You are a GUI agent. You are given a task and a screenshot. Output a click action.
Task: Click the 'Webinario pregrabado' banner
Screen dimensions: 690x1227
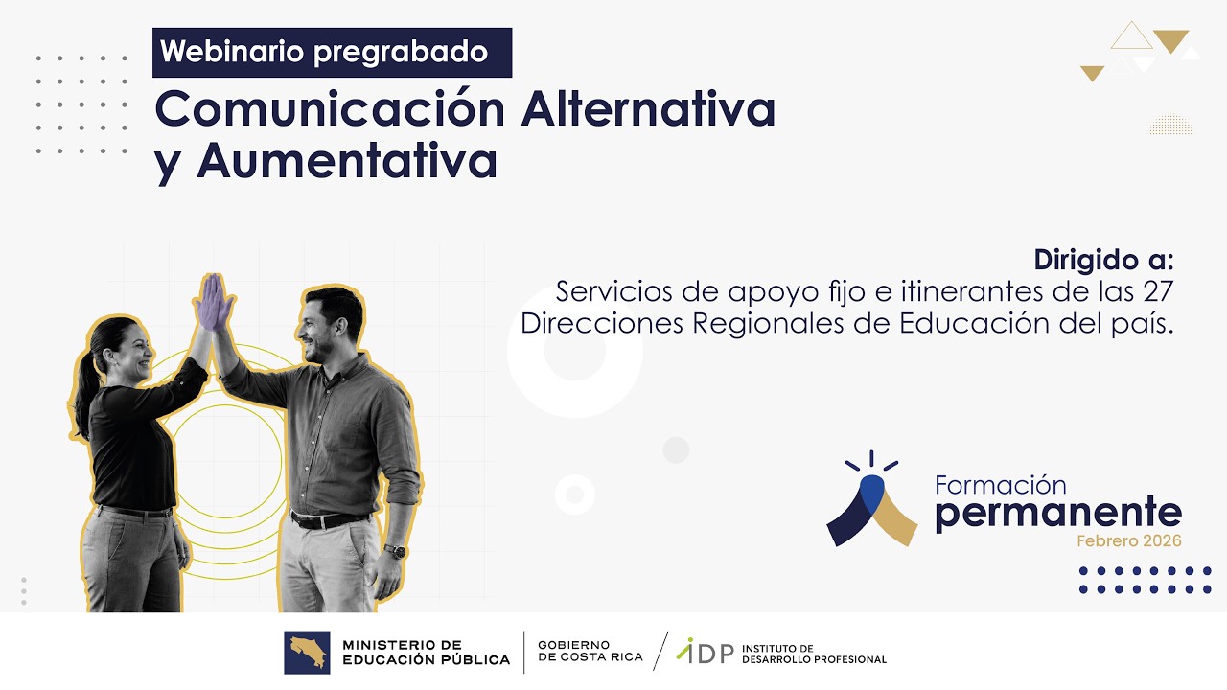click(x=332, y=52)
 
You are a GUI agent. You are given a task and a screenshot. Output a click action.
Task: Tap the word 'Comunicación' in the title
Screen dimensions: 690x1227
click(x=329, y=109)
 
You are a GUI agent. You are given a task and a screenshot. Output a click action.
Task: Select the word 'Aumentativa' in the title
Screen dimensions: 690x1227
click(x=347, y=161)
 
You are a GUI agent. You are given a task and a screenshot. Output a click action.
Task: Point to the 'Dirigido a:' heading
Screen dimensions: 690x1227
click(x=1103, y=260)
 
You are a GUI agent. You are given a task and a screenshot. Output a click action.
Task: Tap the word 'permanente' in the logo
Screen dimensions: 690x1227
click(x=1057, y=513)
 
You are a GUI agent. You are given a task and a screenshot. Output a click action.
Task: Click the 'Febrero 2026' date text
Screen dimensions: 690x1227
click(x=1128, y=541)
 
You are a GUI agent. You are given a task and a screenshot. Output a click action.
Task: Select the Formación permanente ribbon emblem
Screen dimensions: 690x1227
click(x=871, y=503)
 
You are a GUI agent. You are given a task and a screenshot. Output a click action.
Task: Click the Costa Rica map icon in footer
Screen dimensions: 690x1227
click(x=307, y=652)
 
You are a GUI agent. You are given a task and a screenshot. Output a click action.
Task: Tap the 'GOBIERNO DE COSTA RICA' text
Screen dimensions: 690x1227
click(x=576, y=652)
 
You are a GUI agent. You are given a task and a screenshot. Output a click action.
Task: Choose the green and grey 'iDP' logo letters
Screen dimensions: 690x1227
click(x=705, y=652)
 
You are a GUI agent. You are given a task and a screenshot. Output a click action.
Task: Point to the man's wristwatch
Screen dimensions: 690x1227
click(x=395, y=551)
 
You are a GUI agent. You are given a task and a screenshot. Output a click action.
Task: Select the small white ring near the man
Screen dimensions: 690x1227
click(x=575, y=494)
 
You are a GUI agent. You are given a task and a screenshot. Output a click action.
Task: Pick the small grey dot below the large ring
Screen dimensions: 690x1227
click(x=676, y=449)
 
